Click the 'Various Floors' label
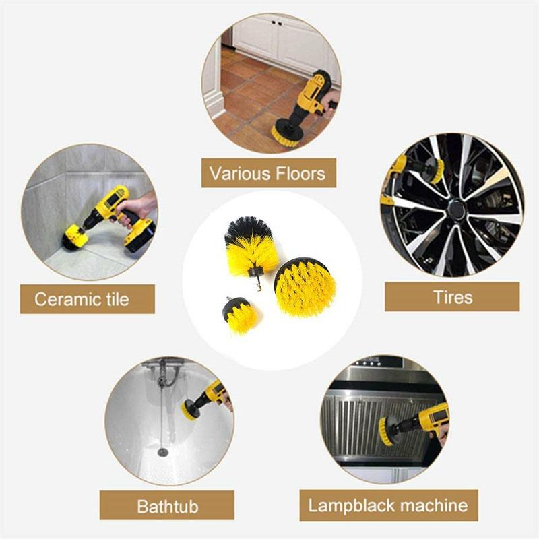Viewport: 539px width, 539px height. [x=268, y=173]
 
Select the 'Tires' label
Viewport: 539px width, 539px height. [x=452, y=296]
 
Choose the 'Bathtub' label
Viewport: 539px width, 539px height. [x=167, y=505]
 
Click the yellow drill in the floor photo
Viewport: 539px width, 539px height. [x=312, y=98]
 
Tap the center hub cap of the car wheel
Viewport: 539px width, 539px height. [x=456, y=210]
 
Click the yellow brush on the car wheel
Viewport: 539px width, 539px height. [x=437, y=170]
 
